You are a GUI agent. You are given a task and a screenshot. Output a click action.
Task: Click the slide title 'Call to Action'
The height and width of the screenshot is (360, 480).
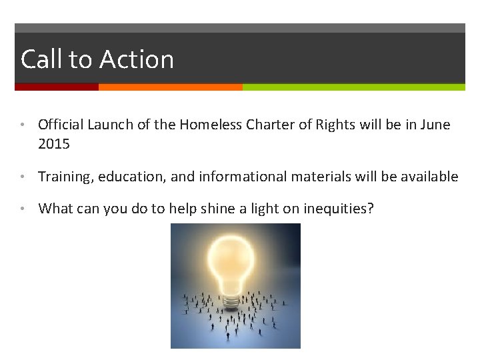[97, 60]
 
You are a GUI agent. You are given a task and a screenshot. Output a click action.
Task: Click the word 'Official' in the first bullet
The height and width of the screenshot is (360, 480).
[61, 125]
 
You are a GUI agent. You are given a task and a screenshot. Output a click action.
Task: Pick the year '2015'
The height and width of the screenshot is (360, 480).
[54, 143]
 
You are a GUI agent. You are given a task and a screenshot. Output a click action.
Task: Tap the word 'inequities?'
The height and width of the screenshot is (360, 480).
[339, 209]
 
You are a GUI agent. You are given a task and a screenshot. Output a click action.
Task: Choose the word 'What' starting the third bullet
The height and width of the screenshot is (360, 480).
[55, 209]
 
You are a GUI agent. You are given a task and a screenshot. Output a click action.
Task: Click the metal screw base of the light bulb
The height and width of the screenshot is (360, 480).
[231, 302]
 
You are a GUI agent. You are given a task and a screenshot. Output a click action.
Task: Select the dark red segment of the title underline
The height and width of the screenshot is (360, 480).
[57, 87]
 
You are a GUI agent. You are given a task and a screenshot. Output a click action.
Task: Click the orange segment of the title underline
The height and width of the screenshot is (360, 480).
[170, 87]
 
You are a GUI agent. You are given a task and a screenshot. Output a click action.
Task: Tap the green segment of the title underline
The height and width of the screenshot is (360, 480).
[353, 87]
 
